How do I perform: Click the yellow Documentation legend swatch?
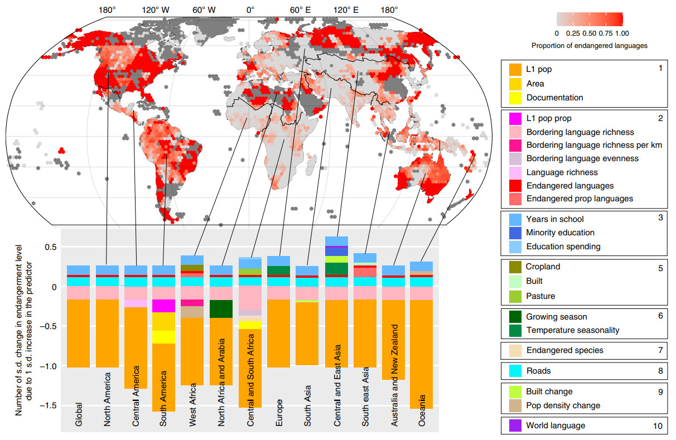pos(515,98)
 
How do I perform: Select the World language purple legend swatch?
pos(515,426)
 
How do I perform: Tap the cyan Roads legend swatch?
pos(515,371)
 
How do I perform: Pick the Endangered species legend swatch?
pos(515,350)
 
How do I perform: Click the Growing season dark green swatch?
pos(515,317)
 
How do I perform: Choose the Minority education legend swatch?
pos(515,233)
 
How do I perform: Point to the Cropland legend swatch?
pos(515,267)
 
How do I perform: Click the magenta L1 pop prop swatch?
pos(515,119)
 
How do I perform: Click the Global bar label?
pos(79,415)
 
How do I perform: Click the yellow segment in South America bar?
pos(163,337)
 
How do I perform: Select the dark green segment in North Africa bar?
pos(221,308)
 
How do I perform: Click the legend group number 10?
pos(658,426)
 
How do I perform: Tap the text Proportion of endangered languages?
pos(589,46)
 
